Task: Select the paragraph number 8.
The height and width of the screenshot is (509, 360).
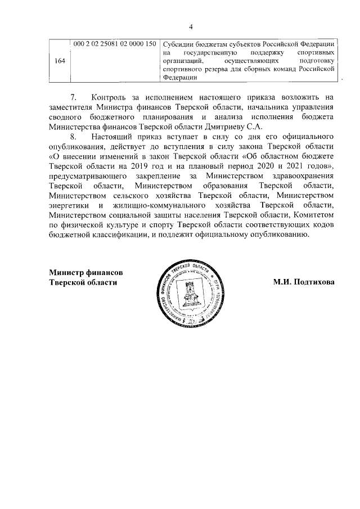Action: [x=72, y=137]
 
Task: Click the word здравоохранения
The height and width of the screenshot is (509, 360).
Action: [x=304, y=177]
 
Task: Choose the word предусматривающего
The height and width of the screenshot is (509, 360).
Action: [x=85, y=177]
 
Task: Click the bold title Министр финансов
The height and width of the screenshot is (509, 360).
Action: [x=86, y=272]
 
